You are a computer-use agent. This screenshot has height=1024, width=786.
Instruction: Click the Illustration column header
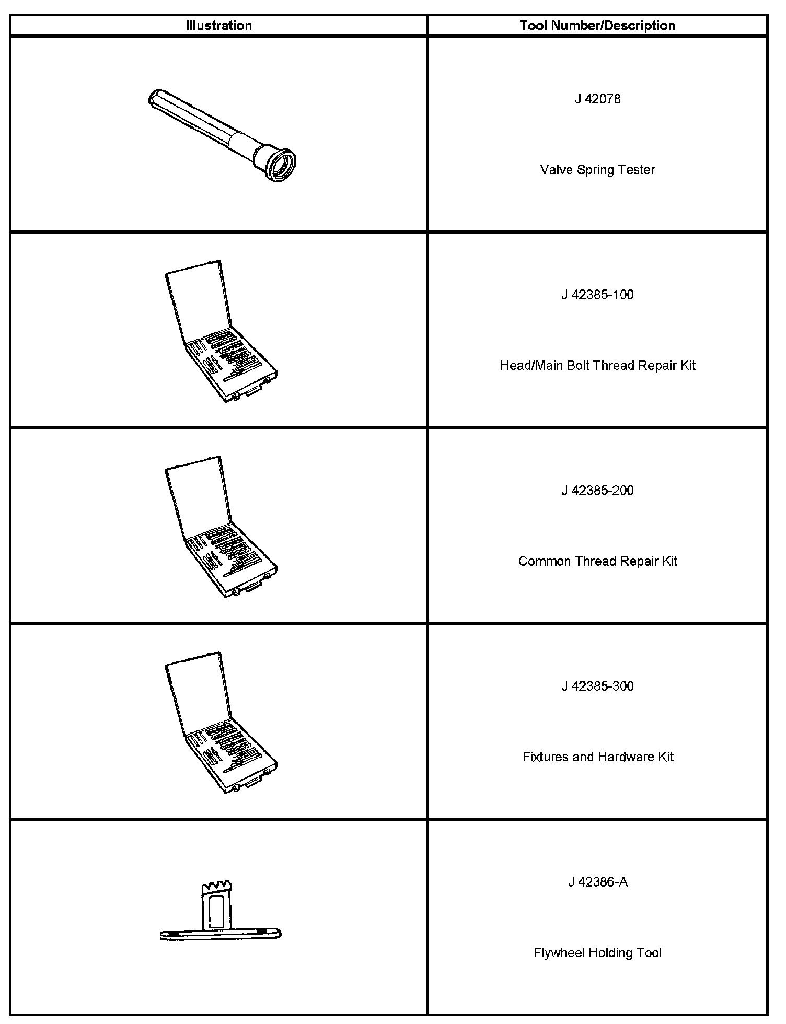pos(218,26)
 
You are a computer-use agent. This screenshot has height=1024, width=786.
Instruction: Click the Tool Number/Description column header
pos(597,26)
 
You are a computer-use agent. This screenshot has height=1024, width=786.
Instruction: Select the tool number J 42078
pos(597,99)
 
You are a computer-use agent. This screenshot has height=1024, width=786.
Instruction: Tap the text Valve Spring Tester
pos(597,170)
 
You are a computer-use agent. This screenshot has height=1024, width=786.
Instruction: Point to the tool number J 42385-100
pos(597,295)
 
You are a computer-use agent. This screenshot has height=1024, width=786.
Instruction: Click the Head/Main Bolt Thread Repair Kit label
pos(597,365)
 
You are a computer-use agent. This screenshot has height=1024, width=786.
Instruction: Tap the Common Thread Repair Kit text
pos(597,561)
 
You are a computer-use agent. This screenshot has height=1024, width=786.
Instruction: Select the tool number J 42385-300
pos(597,686)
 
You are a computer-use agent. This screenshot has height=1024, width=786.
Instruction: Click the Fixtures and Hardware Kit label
pos(597,757)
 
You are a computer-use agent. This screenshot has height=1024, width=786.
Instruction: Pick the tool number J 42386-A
pos(597,882)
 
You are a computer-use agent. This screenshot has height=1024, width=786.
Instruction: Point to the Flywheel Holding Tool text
pos(597,953)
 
